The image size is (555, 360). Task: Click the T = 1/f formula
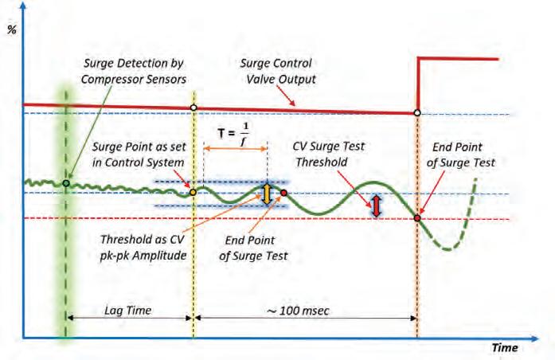tap(233, 131)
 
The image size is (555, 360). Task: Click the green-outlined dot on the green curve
tap(66, 183)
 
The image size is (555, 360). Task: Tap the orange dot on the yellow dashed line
tap(192, 192)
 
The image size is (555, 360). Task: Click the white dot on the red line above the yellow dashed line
tap(193, 108)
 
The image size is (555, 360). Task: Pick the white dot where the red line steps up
tap(417, 112)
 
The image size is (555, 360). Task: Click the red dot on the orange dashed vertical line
tap(417, 217)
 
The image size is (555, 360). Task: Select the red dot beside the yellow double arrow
tap(283, 193)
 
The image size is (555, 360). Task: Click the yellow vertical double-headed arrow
tap(268, 194)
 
